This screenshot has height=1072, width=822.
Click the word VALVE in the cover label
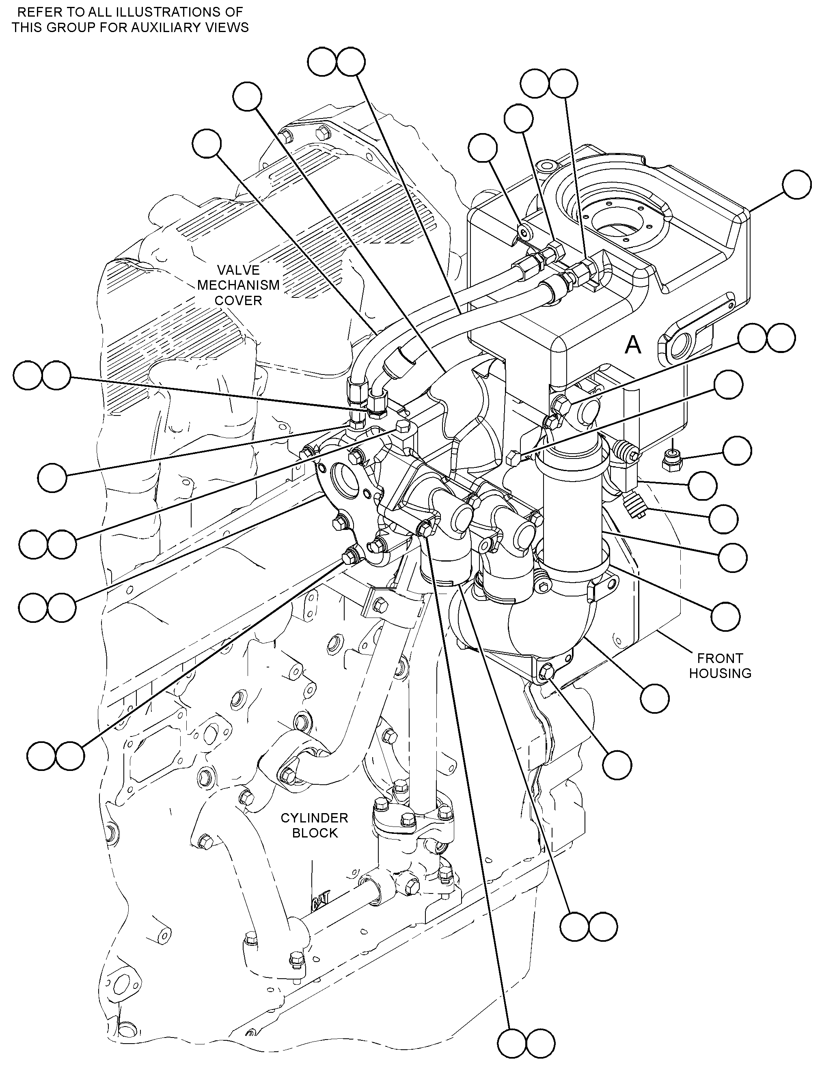point(238,270)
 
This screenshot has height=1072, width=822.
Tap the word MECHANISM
point(238,285)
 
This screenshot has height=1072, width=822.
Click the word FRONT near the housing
point(720,658)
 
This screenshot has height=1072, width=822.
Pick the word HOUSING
point(720,673)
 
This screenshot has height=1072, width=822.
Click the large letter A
point(633,345)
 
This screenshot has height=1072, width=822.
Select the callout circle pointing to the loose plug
point(737,451)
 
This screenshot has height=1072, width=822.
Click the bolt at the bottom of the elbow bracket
point(546,674)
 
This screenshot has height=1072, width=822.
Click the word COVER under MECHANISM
point(238,300)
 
